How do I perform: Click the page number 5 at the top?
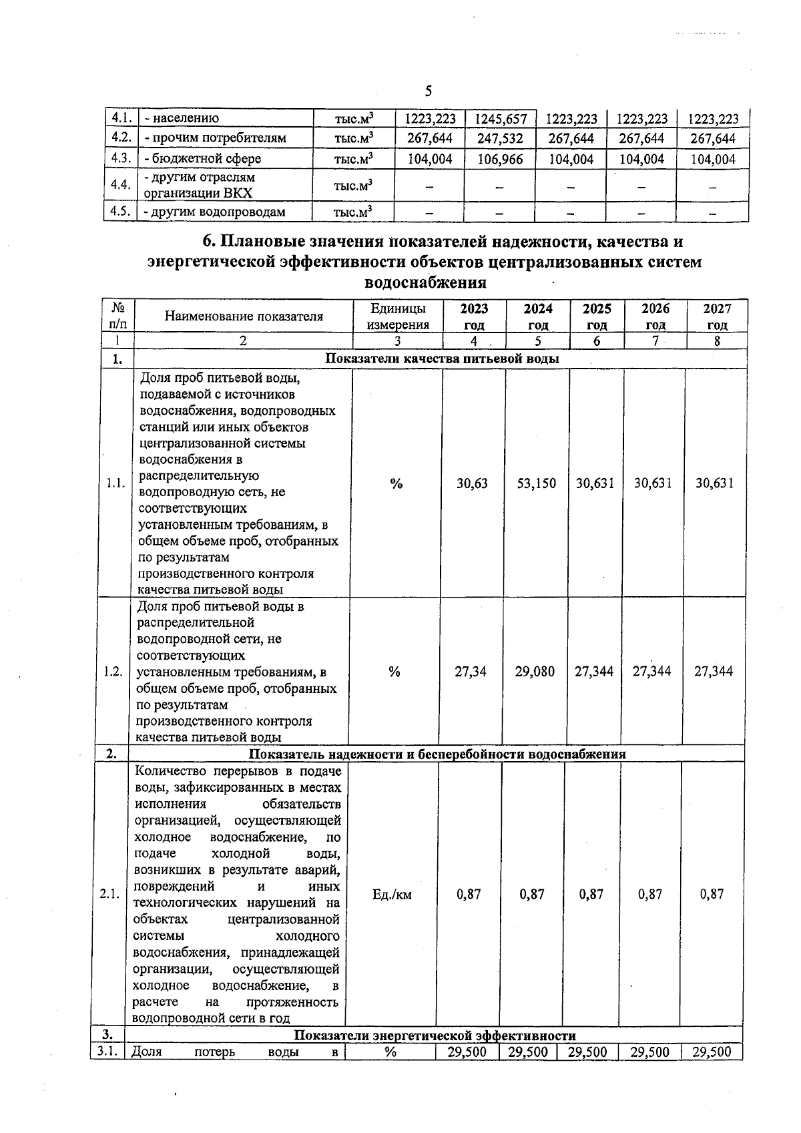pos(428,91)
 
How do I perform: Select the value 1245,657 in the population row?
pos(501,120)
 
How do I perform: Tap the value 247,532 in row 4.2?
pos(500,139)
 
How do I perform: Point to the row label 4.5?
pos(120,212)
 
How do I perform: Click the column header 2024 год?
pos(537,316)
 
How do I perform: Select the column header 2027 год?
pos(717,316)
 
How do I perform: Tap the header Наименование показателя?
pos(244,316)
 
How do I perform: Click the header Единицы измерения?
pos(398,316)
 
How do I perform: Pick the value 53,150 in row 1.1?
pos(537,483)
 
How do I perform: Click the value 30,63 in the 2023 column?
pos(472,483)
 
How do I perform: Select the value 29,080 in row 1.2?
pos(535,672)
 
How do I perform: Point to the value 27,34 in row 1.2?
pos(471,672)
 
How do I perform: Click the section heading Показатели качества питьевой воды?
pos(441,359)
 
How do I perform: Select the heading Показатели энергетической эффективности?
pos(435,1036)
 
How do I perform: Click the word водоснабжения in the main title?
pos(426,282)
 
